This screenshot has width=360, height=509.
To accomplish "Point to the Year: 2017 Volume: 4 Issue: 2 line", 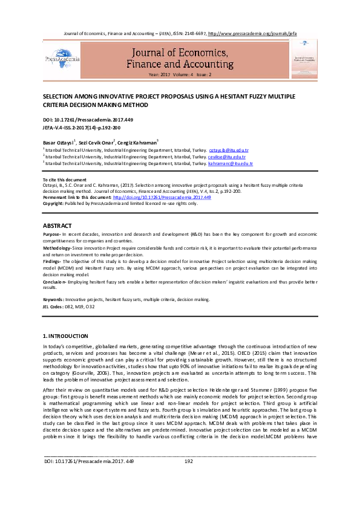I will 180,74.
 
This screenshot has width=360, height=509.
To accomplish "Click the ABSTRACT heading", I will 58,225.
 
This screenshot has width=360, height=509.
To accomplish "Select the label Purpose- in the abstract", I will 52,233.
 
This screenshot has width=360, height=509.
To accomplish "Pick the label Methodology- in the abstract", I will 57,248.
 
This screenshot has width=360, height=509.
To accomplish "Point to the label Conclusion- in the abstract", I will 56,282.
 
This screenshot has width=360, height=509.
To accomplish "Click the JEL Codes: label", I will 55,307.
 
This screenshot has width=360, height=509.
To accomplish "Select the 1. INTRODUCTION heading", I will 65,335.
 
